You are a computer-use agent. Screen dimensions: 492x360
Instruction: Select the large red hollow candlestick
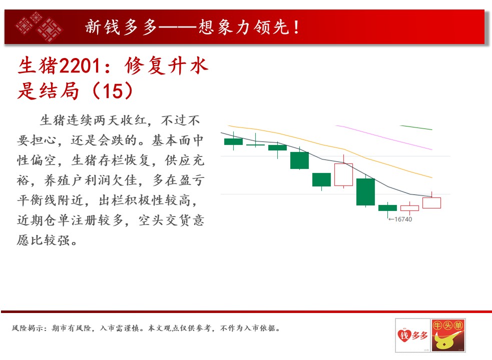pyautogui.click(x=343, y=174)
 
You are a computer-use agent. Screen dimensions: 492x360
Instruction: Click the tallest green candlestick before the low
pyautogui.click(x=365, y=191)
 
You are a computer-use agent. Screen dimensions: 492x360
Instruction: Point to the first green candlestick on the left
pyautogui.click(x=233, y=141)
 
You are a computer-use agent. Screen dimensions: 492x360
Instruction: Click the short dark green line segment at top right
pyautogui.click(x=416, y=127)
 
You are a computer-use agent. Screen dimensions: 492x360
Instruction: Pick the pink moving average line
pyautogui.click(x=384, y=137)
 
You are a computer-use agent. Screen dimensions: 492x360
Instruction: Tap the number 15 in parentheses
pyautogui.click(x=113, y=91)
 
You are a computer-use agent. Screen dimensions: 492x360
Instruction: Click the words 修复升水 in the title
pyautogui.click(x=166, y=66)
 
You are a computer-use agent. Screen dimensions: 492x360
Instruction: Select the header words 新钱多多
pyautogui.click(x=121, y=27)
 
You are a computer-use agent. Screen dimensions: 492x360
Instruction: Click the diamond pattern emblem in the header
pyautogui.click(x=39, y=26)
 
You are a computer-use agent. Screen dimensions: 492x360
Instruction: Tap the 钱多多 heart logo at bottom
pyautogui.click(x=412, y=335)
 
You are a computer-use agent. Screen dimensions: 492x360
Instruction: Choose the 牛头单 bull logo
pyautogui.click(x=448, y=335)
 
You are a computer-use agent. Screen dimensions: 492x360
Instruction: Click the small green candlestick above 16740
pyautogui.click(x=387, y=207)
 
